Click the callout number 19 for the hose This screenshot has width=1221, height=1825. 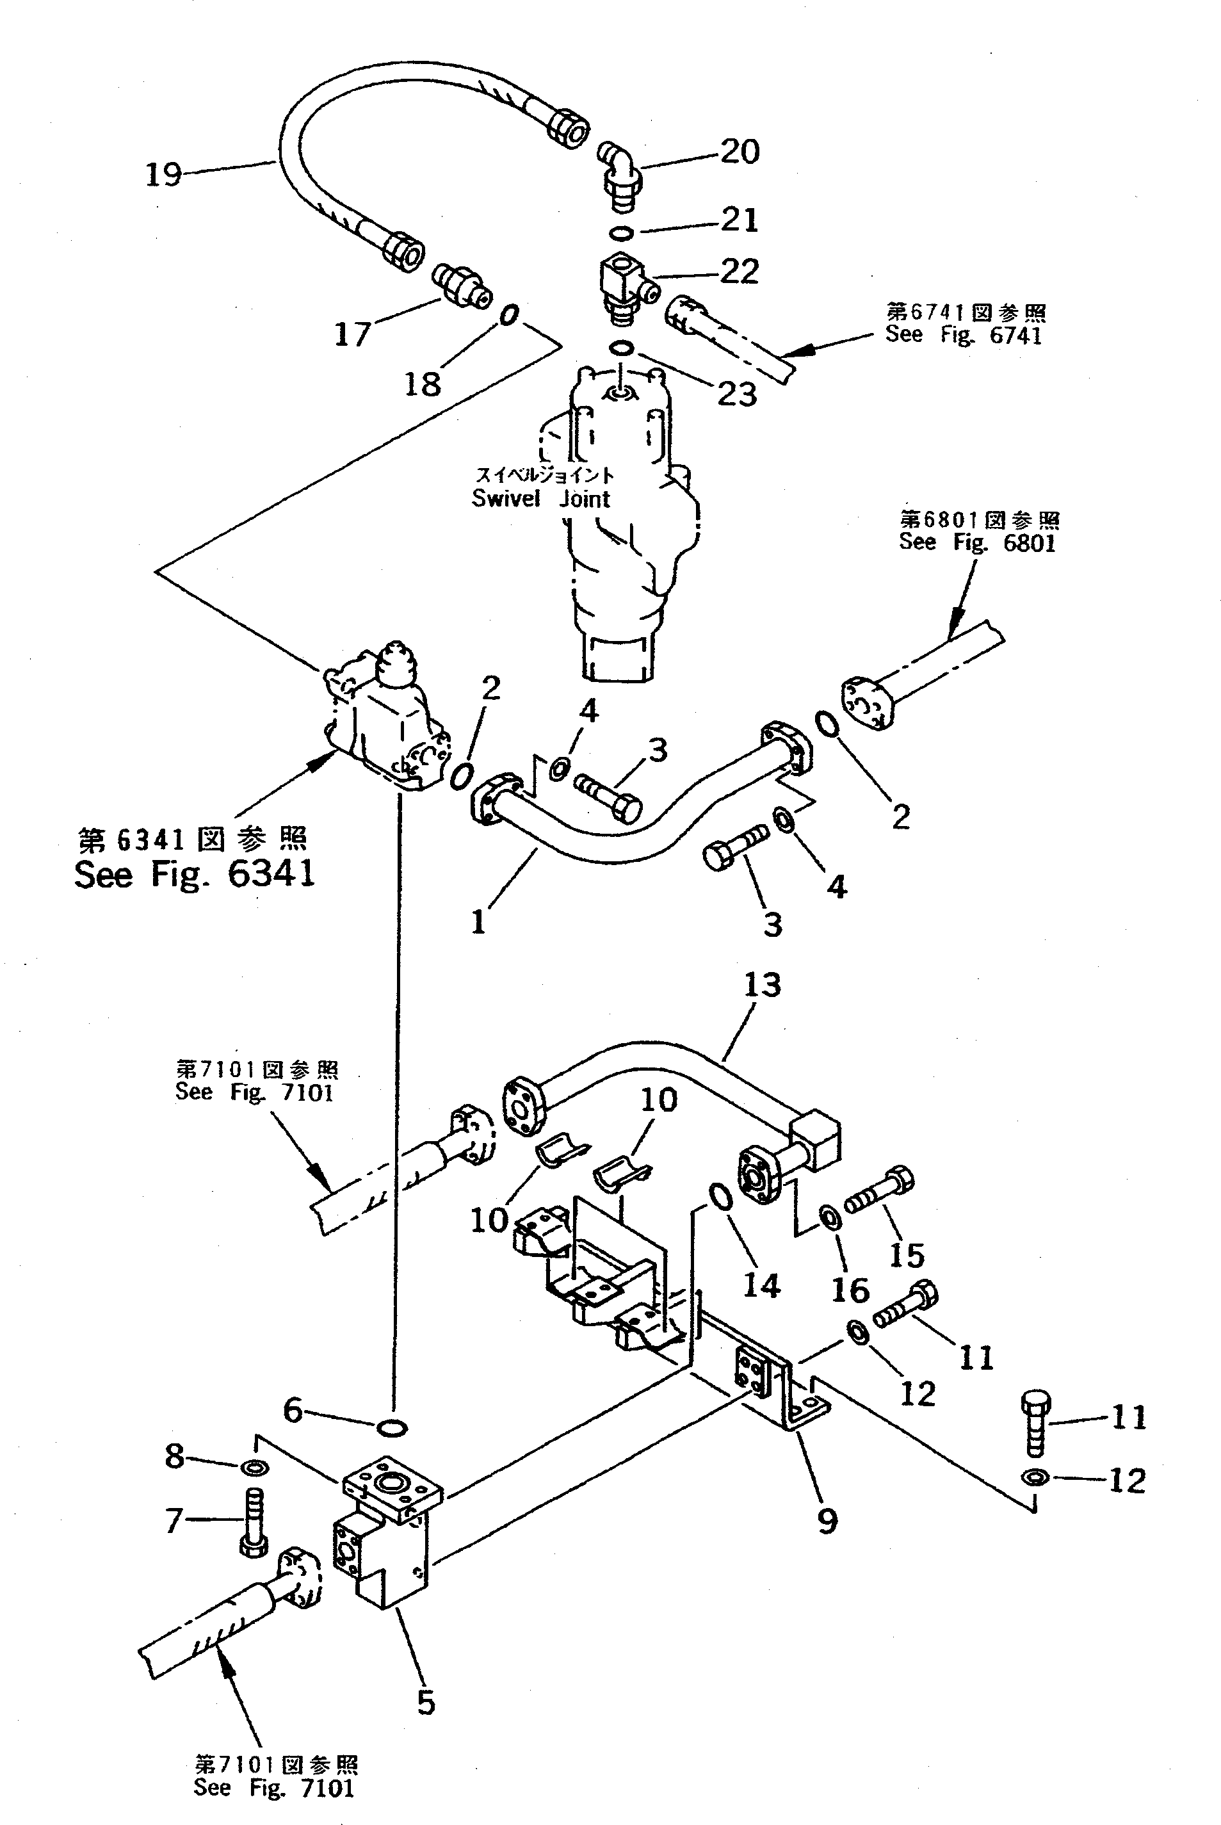[x=163, y=174]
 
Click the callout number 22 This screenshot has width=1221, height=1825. [x=738, y=272]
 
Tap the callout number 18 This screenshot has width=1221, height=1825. [x=422, y=383]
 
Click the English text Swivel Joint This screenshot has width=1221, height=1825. [x=540, y=498]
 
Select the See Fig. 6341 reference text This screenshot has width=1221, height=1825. [x=195, y=873]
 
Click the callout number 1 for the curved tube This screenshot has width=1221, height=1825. [x=478, y=923]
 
